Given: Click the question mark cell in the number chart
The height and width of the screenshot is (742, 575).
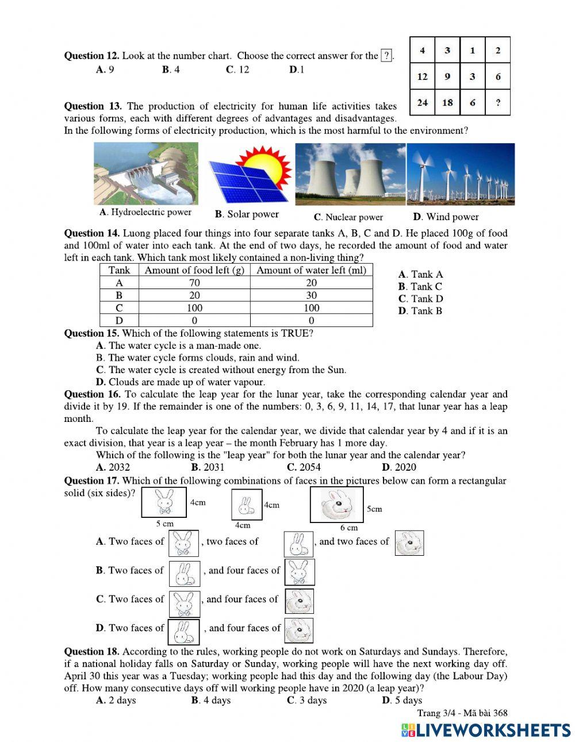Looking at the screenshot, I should pyautogui.click(x=498, y=103).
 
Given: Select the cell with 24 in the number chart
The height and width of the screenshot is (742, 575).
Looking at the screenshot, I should pyautogui.click(x=423, y=103).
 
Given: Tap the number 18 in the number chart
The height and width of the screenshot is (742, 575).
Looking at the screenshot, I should pyautogui.click(x=447, y=103).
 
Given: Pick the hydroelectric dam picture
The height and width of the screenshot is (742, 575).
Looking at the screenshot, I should pyautogui.click(x=145, y=174).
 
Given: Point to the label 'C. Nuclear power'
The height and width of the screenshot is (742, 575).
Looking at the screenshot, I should pyautogui.click(x=348, y=217).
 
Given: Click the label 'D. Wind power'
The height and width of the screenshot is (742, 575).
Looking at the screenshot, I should pyautogui.click(x=446, y=217).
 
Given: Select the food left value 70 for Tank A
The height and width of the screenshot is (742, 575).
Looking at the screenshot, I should pyautogui.click(x=194, y=283).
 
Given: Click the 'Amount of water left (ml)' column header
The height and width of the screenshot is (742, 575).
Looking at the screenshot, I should pyautogui.click(x=311, y=270).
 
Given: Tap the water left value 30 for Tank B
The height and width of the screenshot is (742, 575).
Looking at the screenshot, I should pyautogui.click(x=311, y=295).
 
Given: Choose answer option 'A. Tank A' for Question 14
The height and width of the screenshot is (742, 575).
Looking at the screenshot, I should pyautogui.click(x=420, y=275).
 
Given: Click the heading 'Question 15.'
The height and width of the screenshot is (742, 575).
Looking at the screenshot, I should pyautogui.click(x=92, y=333).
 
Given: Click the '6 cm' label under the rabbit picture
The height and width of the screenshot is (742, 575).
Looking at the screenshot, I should pyautogui.click(x=348, y=528).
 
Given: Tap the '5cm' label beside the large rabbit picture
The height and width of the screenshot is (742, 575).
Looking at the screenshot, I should pyautogui.click(x=374, y=509).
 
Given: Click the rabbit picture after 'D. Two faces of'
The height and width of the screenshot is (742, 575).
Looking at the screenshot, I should pyautogui.click(x=183, y=632).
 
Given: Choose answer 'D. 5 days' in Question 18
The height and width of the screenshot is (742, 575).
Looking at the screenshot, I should pyautogui.click(x=402, y=700).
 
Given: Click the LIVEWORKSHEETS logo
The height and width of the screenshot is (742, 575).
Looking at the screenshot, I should pyautogui.click(x=486, y=729).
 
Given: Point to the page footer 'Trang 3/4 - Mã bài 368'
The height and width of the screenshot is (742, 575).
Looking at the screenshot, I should pyautogui.click(x=462, y=713).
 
